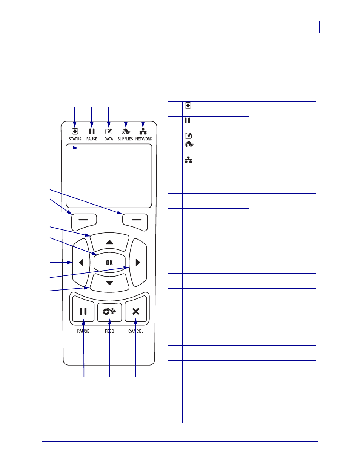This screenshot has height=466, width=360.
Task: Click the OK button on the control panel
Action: click(109, 262)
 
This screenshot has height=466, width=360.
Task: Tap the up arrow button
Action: click(109, 242)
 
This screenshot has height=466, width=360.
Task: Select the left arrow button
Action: click(81, 263)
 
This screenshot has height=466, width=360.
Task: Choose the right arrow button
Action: click(138, 263)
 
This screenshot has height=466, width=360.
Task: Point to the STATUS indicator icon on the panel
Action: click(75, 131)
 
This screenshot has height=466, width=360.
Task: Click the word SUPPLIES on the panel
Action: click(125, 139)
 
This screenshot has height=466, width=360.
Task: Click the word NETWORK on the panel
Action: click(144, 139)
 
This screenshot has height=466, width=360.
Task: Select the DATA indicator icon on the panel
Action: click(109, 131)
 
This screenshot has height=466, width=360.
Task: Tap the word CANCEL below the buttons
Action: click(136, 331)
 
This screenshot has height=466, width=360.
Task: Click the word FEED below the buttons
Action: click(109, 331)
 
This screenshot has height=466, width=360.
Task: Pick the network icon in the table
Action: click(188, 160)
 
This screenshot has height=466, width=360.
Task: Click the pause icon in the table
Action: click(188, 120)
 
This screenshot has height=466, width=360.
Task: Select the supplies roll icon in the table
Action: click(189, 144)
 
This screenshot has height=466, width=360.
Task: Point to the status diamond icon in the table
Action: click(188, 106)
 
